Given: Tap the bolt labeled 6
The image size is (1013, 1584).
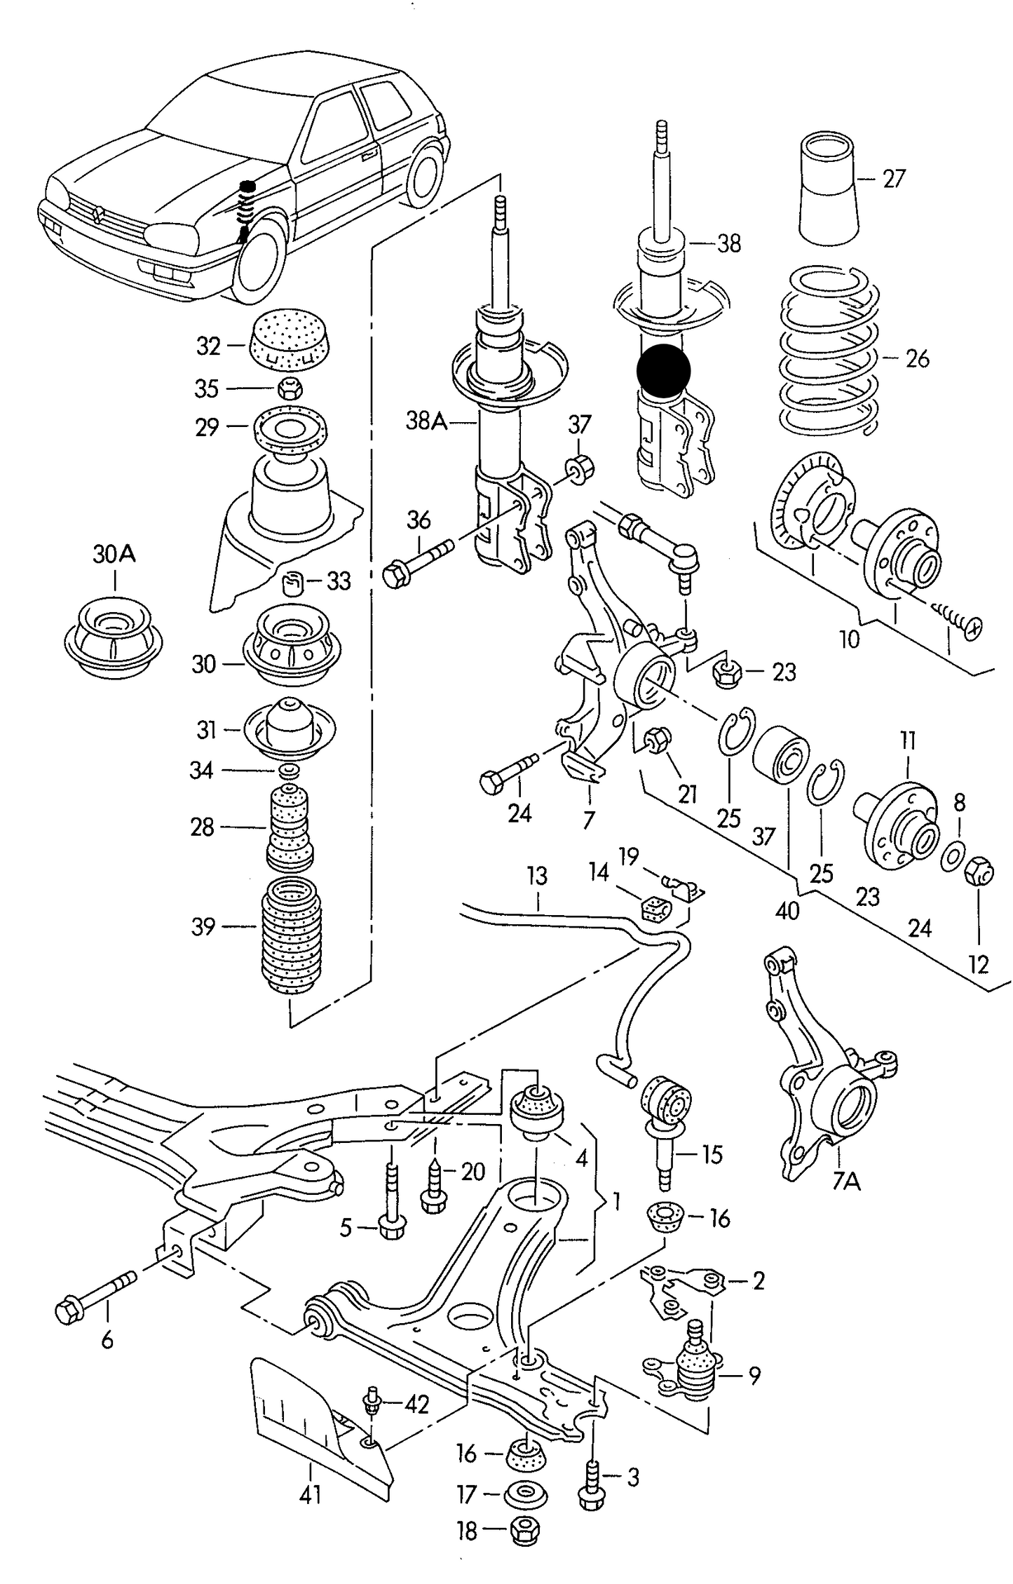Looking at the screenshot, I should coord(95,1297).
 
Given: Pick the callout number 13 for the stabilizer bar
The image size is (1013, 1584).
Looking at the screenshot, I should coord(537,876).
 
